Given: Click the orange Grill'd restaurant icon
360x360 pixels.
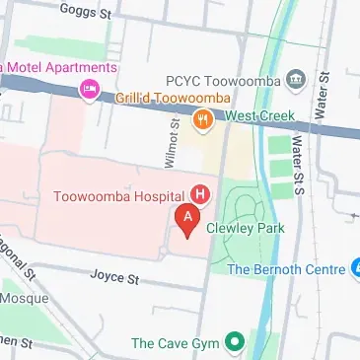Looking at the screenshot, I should click(202, 121).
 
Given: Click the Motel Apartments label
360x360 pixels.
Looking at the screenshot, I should click(59, 68).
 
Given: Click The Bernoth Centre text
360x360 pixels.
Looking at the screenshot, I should click(286, 268).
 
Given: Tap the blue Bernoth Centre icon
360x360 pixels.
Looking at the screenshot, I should click(355, 267).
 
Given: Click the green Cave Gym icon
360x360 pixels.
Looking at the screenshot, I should click(234, 343).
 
